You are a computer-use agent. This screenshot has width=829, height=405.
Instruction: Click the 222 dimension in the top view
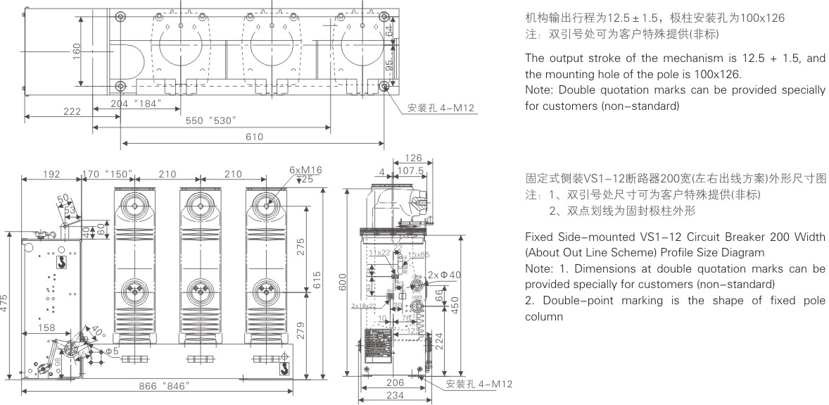coord(71,112)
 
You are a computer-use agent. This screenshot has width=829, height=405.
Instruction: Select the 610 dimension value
coord(254,137)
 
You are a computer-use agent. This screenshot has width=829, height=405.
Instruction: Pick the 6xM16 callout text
coord(305,170)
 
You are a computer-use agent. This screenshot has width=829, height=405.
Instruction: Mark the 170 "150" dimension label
coord(108,174)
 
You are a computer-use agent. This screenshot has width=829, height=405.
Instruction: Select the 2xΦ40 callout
coord(445,275)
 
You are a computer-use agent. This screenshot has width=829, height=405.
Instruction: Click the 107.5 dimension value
coord(411,170)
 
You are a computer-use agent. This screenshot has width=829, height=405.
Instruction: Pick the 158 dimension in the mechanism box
coord(46,327)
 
